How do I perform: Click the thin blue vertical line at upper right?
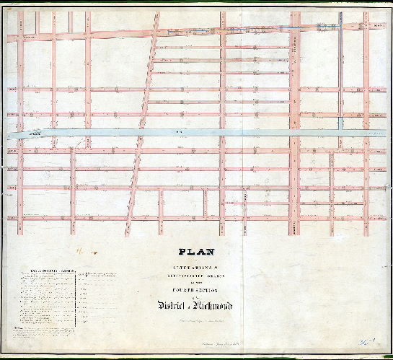(x=341, y=72)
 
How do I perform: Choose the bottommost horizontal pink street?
(x=195, y=217)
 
